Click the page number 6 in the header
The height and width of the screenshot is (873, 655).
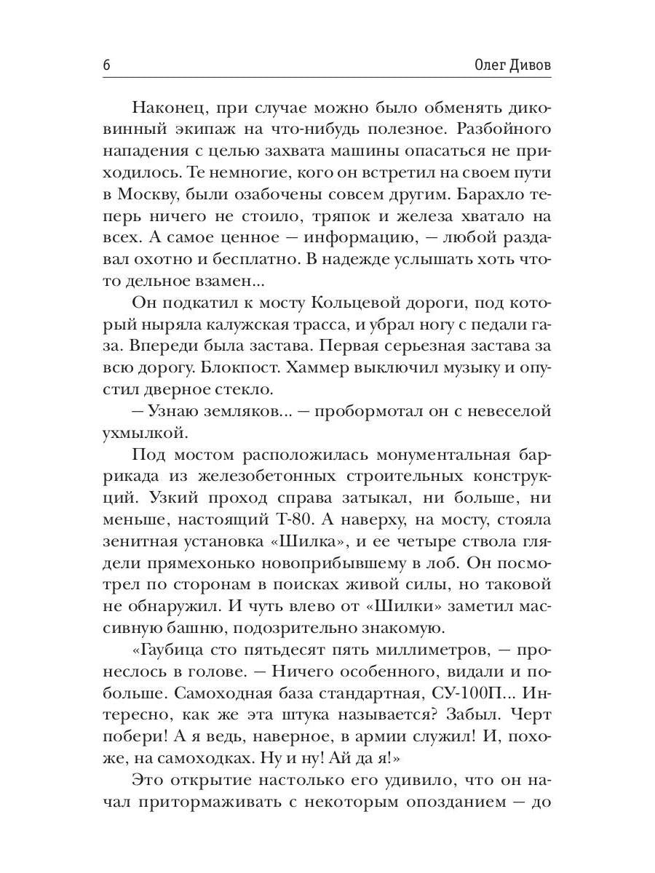pos(106,65)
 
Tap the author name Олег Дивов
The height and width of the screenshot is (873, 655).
pos(507,65)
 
